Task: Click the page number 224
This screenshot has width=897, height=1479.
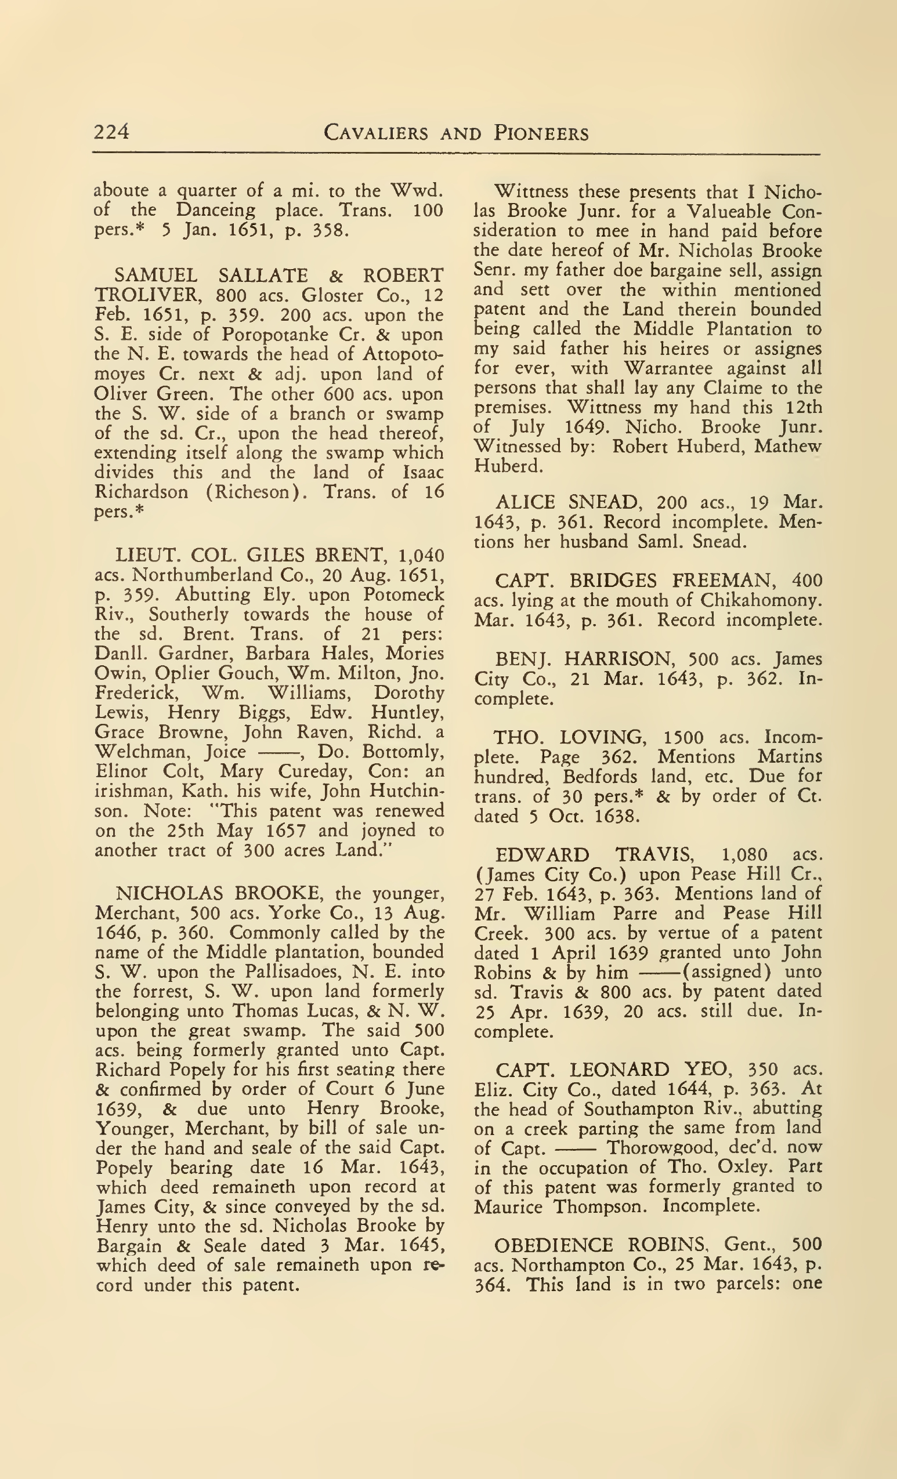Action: click(111, 132)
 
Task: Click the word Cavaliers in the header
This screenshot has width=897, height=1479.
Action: click(375, 133)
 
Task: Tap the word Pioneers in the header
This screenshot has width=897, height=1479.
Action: click(541, 133)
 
